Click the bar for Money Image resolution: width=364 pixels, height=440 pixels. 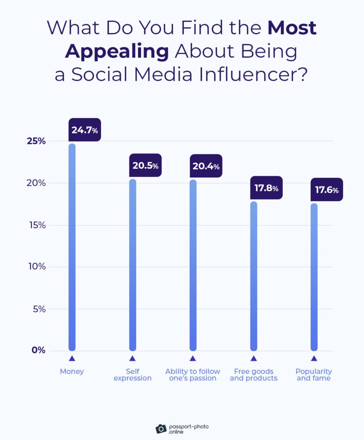click(72, 247)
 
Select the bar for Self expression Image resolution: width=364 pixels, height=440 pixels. click(133, 265)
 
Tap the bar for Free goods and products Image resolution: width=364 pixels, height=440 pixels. click(254, 276)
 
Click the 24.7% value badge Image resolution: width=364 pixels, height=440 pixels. click(85, 130)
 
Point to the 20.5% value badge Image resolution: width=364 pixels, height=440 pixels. click(145, 165)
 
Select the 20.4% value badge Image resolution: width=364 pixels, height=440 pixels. click(206, 166)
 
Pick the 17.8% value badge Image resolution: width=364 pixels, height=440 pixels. click(266, 188)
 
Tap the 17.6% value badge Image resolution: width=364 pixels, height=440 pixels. click(327, 189)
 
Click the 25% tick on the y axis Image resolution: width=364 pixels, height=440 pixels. click(36, 141)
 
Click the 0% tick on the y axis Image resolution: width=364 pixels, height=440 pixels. click(38, 350)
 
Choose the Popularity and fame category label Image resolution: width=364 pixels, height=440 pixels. click(314, 375)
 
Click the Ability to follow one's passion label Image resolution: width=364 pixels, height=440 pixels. click(193, 375)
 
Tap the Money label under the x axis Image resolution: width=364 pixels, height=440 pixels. click(72, 371)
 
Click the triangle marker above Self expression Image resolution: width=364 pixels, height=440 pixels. click(132, 358)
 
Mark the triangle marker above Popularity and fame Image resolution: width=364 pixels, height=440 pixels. click(314, 358)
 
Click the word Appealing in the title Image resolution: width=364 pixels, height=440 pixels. click(117, 52)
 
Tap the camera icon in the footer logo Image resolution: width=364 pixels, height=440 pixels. click(161, 428)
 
